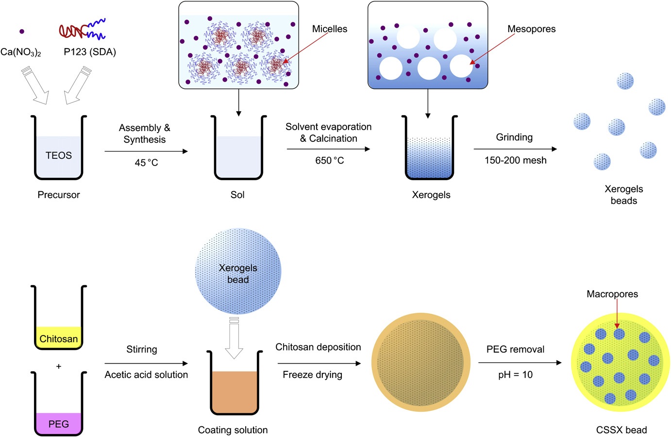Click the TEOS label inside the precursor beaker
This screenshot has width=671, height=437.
coord(59,155)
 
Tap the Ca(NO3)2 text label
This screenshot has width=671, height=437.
coord(21,52)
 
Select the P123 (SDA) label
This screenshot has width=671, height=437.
coord(90,51)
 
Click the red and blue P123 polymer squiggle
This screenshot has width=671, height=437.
coord(82,30)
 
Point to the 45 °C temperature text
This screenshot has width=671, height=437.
coord(146,163)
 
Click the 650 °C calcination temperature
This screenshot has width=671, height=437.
coord(329,160)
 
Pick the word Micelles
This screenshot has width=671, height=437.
coord(330,29)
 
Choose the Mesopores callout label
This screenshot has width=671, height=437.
coord(531,29)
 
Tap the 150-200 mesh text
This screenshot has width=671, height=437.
coord(515,160)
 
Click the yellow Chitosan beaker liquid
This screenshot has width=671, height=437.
coord(59,337)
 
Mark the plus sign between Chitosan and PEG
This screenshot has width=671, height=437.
coord(59,366)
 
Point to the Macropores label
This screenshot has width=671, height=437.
coord(612,294)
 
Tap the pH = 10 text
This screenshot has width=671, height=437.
coord(515,374)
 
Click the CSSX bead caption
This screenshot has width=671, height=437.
coord(621,430)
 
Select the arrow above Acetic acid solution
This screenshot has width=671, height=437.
coord(146,363)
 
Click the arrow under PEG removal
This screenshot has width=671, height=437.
coord(520,363)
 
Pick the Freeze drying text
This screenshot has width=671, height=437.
coord(312,374)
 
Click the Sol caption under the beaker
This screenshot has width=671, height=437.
coord(237,195)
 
